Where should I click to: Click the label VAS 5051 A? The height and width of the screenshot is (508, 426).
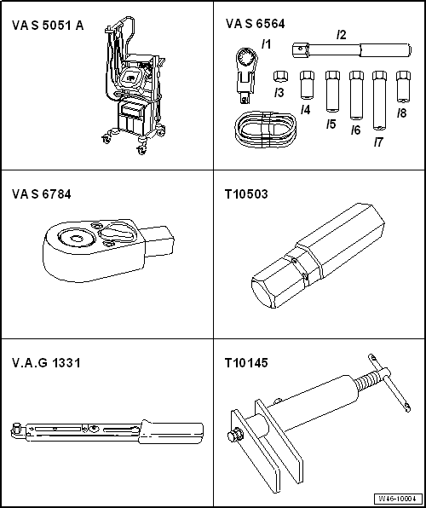[48, 26]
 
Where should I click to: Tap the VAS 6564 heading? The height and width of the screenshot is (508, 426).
[256, 24]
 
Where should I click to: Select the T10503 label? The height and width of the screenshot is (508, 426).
[246, 194]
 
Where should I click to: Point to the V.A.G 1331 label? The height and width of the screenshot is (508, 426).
[46, 363]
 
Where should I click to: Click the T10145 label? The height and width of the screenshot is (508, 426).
[246, 363]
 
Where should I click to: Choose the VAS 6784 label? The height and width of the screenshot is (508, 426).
[42, 194]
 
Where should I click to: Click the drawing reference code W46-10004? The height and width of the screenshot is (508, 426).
[399, 499]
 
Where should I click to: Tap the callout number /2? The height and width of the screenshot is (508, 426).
[341, 35]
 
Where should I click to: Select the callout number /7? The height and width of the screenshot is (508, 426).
[378, 141]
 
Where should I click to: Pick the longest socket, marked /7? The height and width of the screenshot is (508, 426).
[379, 101]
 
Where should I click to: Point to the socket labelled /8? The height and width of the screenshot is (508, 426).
[403, 87]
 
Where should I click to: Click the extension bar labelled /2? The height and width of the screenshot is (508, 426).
[352, 50]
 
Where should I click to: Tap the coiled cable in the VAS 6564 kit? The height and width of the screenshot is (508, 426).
[265, 130]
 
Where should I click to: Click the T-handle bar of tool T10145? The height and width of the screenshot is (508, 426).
[389, 383]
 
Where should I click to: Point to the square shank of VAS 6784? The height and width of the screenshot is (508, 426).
[158, 240]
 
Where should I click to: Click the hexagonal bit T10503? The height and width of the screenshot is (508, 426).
[318, 256]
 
